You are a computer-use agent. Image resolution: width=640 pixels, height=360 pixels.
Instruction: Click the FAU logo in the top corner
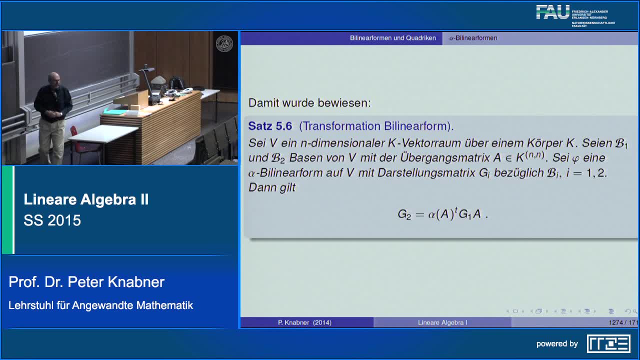point(552,12)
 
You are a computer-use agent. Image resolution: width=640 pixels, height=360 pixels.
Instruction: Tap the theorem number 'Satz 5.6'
point(270,126)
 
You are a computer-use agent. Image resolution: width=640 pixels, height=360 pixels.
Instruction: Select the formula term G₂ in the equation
point(404,214)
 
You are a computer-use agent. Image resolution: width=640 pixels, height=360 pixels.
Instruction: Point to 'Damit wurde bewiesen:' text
point(309,103)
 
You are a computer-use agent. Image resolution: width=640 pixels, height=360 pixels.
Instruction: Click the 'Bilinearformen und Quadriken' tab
point(392,38)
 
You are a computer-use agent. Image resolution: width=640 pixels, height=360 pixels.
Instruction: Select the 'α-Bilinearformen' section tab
point(473,38)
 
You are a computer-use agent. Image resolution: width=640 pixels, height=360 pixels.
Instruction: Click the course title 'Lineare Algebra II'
point(86,200)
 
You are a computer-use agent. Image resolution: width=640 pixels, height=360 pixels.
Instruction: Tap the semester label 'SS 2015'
point(52,220)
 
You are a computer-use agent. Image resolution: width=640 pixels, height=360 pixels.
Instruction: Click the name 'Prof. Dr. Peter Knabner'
point(86,282)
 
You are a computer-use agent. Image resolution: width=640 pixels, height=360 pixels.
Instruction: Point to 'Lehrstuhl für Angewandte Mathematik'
point(100,305)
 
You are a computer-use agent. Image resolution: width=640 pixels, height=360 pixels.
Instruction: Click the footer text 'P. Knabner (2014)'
point(304,322)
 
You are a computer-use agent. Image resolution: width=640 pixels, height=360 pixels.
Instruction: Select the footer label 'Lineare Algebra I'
point(442,322)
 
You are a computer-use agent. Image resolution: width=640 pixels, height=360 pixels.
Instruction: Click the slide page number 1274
point(616,322)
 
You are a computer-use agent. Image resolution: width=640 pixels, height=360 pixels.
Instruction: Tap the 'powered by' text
point(557,344)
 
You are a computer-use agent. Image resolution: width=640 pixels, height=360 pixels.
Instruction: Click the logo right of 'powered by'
point(608,343)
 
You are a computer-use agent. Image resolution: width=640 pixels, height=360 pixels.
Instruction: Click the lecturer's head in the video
point(54,79)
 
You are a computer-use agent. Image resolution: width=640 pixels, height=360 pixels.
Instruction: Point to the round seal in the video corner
point(224,43)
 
